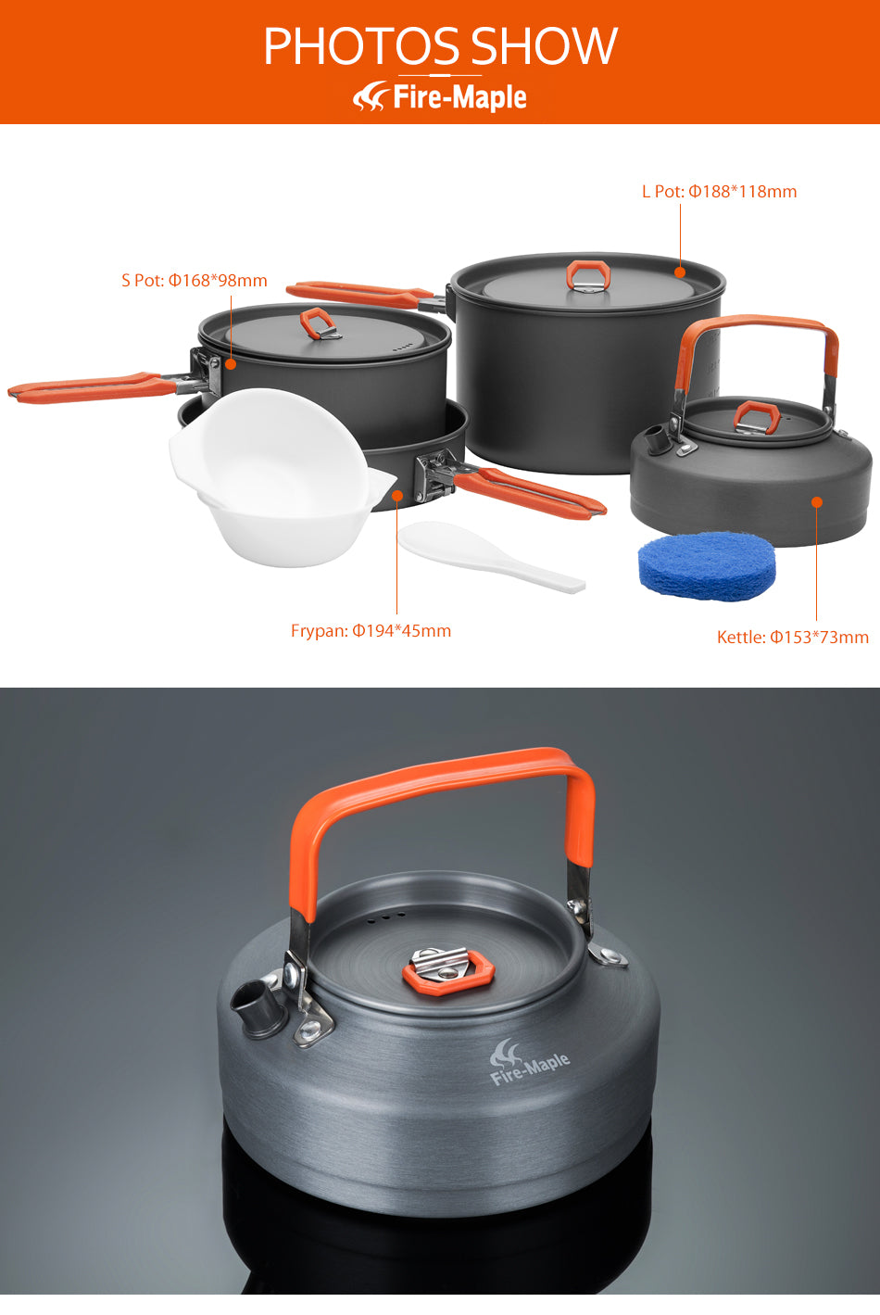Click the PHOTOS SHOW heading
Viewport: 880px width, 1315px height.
point(440,45)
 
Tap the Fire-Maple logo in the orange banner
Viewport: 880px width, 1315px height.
point(440,96)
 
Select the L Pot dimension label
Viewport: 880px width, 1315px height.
point(719,192)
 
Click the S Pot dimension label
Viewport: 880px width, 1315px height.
point(195,280)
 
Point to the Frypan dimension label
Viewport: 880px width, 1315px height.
point(371,631)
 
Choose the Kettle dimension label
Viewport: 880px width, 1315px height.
point(792,638)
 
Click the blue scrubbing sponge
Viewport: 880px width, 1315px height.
point(707,564)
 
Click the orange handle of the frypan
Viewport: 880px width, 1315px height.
point(533,491)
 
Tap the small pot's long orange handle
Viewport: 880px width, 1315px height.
point(93,386)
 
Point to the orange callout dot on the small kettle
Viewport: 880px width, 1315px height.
point(817,502)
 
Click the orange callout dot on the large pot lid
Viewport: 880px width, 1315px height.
point(680,272)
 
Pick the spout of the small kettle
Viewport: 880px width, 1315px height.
point(655,437)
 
